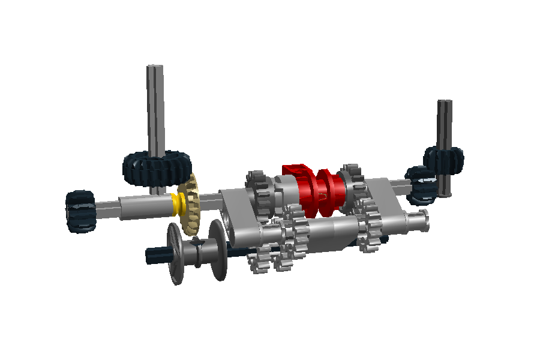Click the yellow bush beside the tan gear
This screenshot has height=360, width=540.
(178, 204)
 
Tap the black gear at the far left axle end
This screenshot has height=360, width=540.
(80, 211)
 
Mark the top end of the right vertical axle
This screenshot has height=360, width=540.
(444, 103)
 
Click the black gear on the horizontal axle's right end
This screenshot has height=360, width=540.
(422, 185)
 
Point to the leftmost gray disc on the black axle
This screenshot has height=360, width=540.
(175, 253)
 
